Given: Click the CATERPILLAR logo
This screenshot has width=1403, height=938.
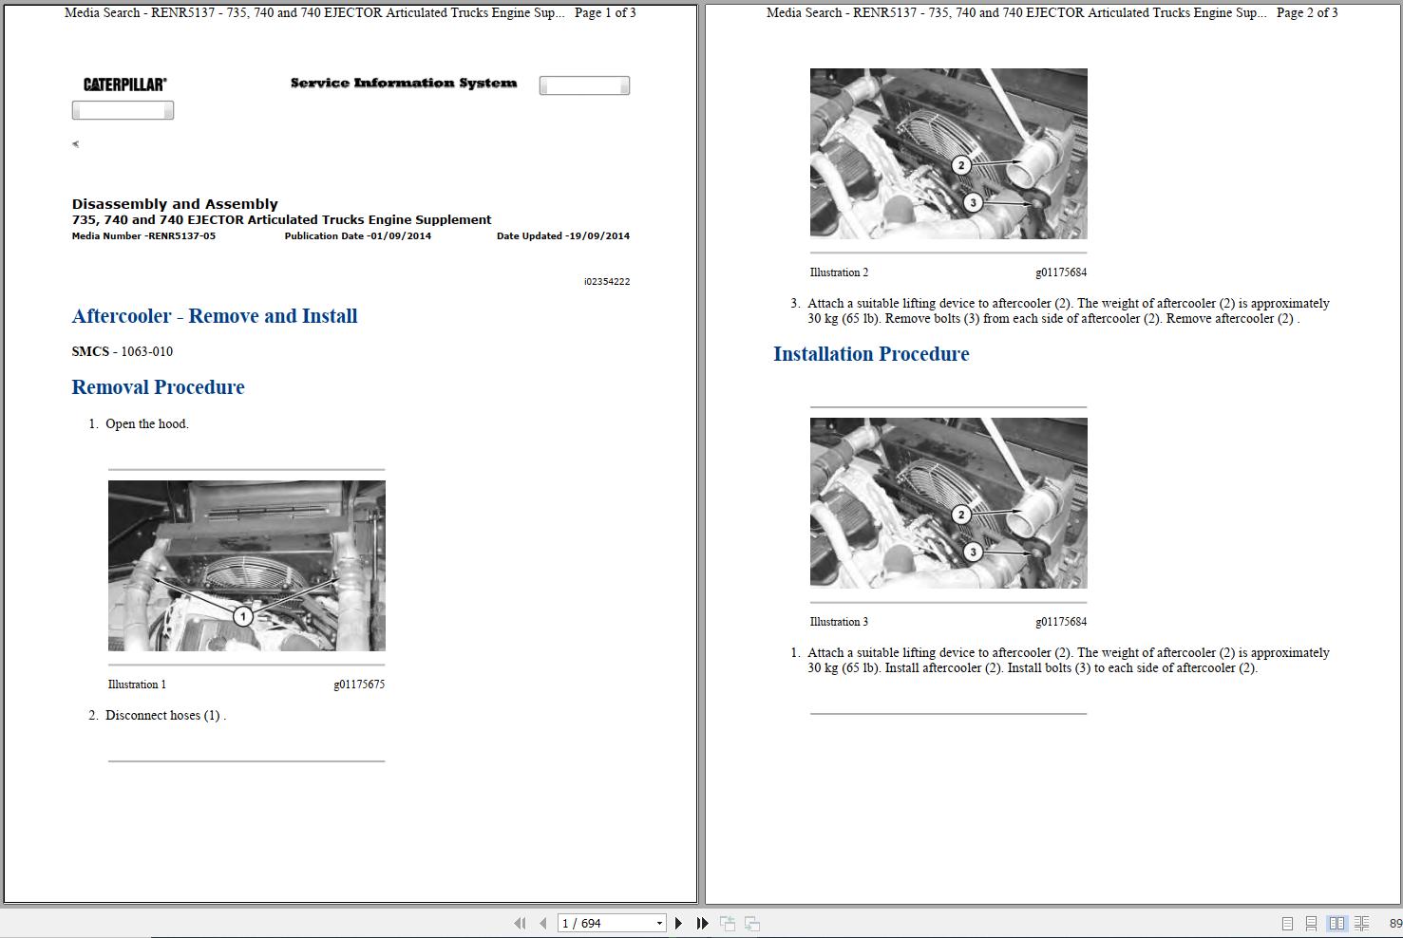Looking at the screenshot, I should [124, 84].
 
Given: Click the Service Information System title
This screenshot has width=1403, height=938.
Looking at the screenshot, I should [404, 84].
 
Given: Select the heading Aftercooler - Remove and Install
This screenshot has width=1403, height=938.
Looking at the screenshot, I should [215, 316].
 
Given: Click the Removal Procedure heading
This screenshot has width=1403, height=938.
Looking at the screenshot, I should [158, 387].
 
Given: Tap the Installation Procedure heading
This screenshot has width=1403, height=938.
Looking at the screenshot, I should [871, 354].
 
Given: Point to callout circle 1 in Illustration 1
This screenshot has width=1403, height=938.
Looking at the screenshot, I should [243, 617].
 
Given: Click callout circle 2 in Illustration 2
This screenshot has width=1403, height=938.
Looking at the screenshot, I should [961, 165].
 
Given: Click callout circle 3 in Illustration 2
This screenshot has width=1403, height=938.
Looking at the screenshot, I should [973, 202].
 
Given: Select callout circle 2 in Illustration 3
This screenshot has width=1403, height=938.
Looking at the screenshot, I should [961, 515].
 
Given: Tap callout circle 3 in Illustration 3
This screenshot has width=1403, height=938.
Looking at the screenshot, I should [973, 552].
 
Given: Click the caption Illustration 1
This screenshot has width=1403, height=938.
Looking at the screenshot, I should [137, 685].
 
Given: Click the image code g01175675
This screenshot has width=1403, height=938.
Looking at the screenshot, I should [359, 685].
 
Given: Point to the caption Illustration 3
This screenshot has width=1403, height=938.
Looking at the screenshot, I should [839, 622].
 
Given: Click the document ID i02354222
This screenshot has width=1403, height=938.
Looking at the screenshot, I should [607, 282].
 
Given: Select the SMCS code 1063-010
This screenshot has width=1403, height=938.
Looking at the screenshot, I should [146, 351].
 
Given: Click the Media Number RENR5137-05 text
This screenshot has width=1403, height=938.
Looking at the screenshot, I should [143, 236].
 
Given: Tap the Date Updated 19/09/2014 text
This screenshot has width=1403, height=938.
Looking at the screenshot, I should [562, 236].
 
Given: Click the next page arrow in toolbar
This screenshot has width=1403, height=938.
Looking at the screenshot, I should [678, 923].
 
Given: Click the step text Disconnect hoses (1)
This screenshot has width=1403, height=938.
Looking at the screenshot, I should [164, 716].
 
